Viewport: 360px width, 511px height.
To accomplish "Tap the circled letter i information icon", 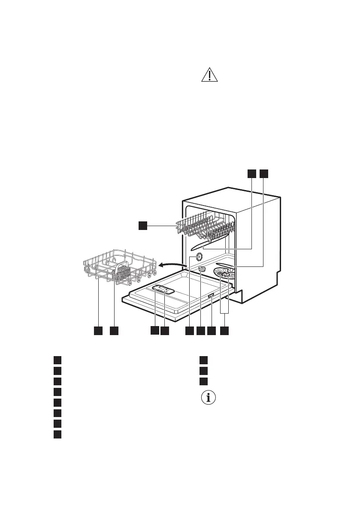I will click(x=209, y=398).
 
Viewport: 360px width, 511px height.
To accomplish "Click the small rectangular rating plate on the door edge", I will click(x=211, y=296).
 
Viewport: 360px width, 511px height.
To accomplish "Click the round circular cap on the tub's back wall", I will click(x=199, y=257).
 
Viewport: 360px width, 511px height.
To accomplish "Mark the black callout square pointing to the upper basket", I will click(x=143, y=225).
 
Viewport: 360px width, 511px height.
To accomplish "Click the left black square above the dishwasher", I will click(x=251, y=173).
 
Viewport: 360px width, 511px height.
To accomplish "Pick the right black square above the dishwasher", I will click(x=263, y=173).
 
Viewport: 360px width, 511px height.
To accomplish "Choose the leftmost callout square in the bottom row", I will click(x=98, y=331).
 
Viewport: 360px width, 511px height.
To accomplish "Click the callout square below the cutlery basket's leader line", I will click(x=114, y=331).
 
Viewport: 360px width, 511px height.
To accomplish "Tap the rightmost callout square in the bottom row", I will click(x=224, y=331).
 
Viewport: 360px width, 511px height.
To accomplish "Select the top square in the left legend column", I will click(x=57, y=360).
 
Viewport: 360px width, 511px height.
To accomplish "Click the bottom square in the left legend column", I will click(x=57, y=435).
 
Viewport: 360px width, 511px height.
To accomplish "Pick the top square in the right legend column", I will click(x=204, y=360).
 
